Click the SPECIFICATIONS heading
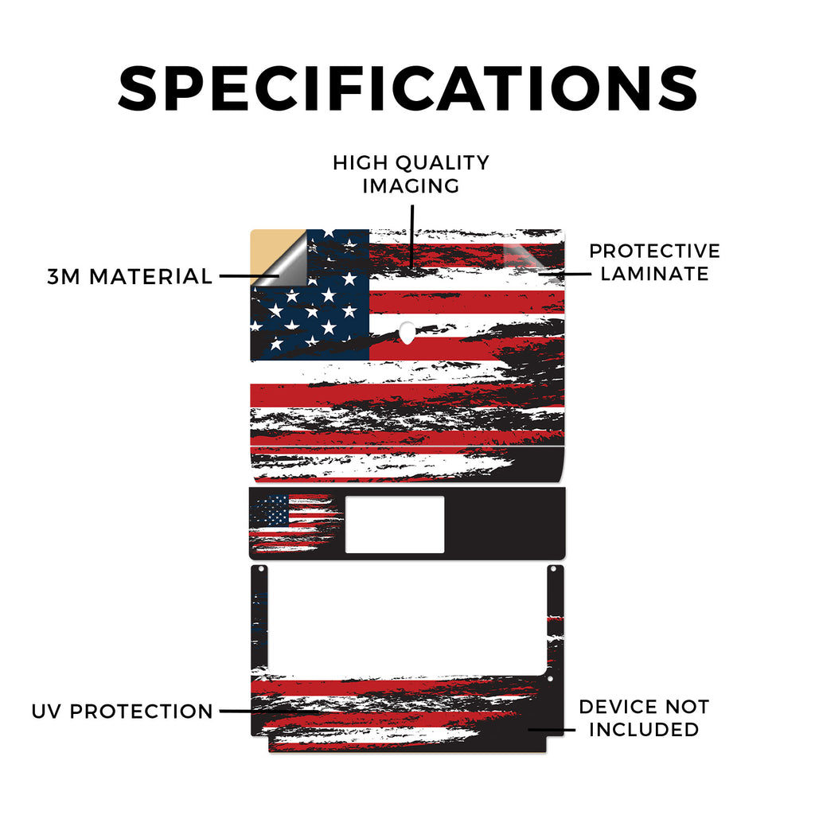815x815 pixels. (x=407, y=88)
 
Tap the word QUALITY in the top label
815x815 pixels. (x=443, y=163)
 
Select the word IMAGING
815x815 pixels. (x=411, y=186)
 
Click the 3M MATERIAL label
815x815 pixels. (x=130, y=276)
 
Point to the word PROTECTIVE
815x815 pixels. (x=654, y=251)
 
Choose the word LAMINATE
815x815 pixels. (x=654, y=274)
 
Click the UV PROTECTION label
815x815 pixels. (x=122, y=712)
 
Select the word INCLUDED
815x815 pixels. (x=644, y=730)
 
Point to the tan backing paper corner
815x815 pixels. (x=267, y=248)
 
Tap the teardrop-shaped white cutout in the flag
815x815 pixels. (x=407, y=333)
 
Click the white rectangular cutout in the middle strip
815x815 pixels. (x=395, y=524)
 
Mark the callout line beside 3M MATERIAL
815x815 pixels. (x=248, y=276)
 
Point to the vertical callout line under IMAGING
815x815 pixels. (x=412, y=236)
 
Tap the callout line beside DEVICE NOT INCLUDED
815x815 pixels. (x=552, y=730)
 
